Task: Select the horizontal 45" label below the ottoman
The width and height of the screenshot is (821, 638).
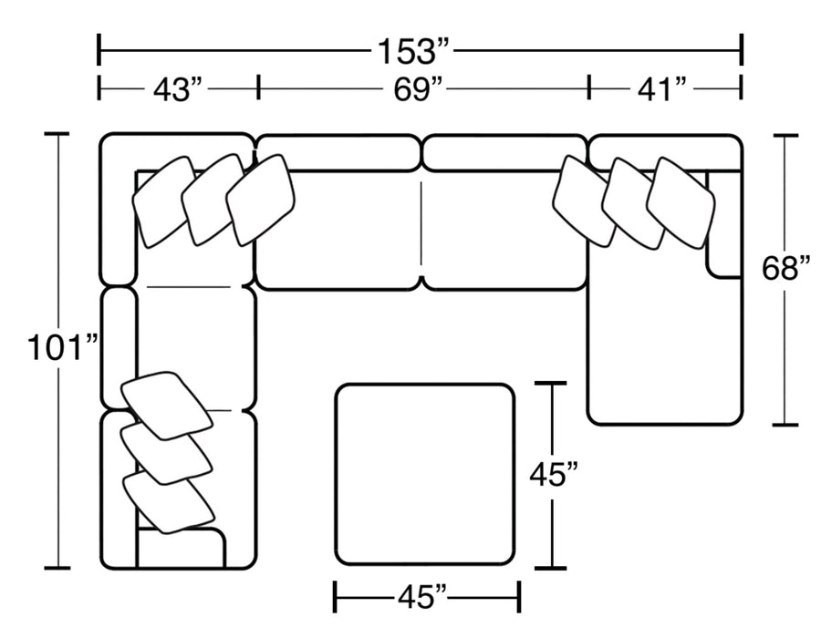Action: [x=421, y=598]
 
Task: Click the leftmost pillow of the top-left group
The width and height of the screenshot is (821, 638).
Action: [x=164, y=201]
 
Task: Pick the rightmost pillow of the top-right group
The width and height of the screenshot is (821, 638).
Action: [x=681, y=202]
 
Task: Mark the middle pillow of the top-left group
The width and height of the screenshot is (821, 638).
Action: [x=212, y=200]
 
